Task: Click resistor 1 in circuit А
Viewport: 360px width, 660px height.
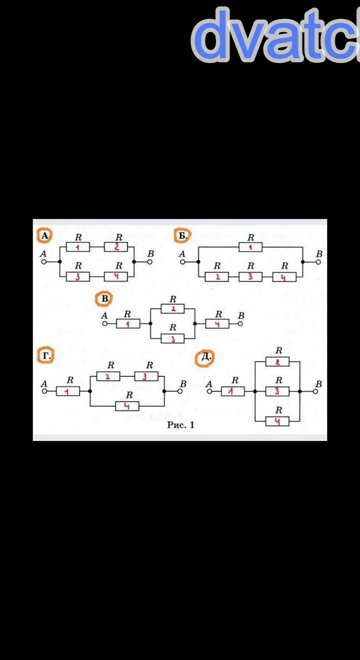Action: tap(78, 247)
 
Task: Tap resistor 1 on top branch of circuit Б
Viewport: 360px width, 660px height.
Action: tap(251, 247)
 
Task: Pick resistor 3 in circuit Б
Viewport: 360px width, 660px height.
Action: tap(251, 277)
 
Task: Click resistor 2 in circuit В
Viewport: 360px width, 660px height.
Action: tap(173, 309)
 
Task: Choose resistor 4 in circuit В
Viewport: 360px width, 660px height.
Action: tap(217, 323)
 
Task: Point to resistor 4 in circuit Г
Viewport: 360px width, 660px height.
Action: tap(127, 406)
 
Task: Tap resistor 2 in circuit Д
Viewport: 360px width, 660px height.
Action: tap(277, 362)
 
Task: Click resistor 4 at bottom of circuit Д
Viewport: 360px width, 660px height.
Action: tap(277, 421)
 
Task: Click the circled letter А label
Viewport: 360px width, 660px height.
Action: tap(44, 236)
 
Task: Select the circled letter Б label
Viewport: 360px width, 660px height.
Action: tap(182, 236)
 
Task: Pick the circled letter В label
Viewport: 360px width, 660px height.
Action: tap(103, 299)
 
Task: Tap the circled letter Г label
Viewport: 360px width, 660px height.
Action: tap(45, 356)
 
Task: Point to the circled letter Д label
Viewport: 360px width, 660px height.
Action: tap(205, 358)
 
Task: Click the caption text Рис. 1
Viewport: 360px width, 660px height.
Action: tap(180, 425)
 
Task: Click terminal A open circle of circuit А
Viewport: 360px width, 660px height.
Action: tap(43, 262)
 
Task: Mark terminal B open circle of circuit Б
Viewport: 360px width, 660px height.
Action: tap(319, 262)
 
